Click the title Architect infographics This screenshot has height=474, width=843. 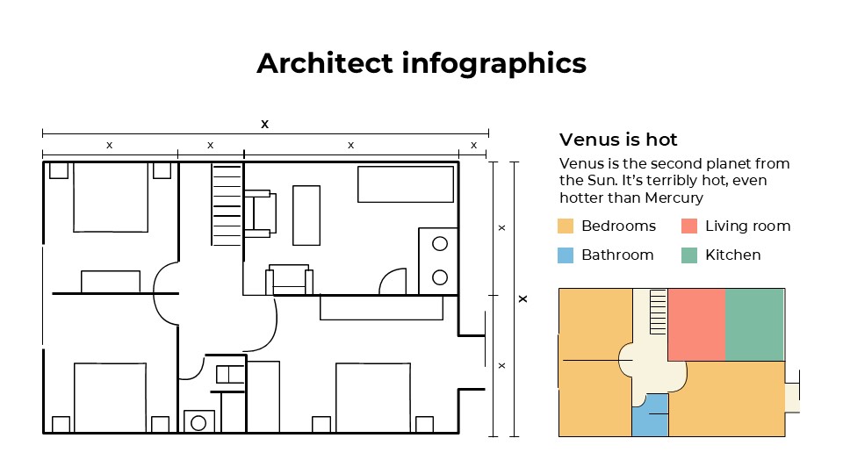point(421,63)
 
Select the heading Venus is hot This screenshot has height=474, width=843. point(618,140)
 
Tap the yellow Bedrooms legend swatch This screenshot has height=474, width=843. point(566,226)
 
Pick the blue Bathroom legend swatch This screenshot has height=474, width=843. point(566,255)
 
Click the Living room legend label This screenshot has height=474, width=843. point(748,226)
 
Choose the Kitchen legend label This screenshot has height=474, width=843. point(733,255)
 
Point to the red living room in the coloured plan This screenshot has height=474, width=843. point(696,324)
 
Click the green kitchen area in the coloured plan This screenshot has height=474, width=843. point(754,324)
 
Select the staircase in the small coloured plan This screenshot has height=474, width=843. point(658,312)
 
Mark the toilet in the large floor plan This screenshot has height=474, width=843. point(199,421)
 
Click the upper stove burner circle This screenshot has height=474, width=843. point(440,244)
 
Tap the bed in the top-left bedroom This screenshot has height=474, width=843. point(110,197)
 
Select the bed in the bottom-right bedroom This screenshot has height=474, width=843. point(372,398)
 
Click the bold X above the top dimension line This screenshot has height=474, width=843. point(264,124)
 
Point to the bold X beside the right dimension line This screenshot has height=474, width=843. point(523,299)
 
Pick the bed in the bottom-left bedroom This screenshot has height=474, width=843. point(110,398)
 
